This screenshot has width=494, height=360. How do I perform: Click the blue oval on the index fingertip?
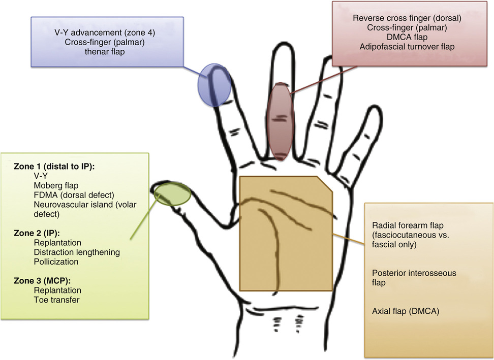pyautogui.click(x=214, y=85)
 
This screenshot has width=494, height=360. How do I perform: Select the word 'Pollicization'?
pyautogui.click(x=56, y=261)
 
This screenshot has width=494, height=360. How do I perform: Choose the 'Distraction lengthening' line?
pyautogui.click(x=76, y=252)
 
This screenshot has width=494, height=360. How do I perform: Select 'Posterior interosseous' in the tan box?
pyautogui.click(x=414, y=273)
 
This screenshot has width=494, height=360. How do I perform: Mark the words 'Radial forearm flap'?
pyautogui.click(x=409, y=225)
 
